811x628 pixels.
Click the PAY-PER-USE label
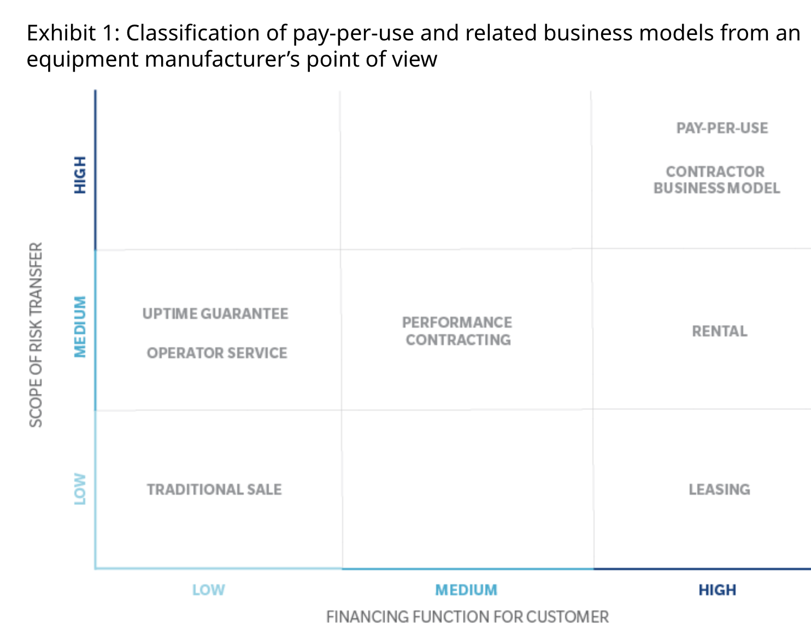click(x=722, y=128)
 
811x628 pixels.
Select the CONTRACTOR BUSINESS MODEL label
click(x=716, y=180)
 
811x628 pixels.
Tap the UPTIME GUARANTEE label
click(x=215, y=314)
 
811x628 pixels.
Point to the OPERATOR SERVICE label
click(x=217, y=353)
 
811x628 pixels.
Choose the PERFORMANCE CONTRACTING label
click(x=457, y=331)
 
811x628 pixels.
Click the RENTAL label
click(x=719, y=331)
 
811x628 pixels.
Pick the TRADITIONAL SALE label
click(x=214, y=490)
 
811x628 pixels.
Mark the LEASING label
click(x=719, y=490)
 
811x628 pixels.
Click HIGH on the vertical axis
click(x=80, y=175)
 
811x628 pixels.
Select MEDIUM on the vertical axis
click(x=80, y=327)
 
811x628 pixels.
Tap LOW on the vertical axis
click(x=80, y=489)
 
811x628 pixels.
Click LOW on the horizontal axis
click(x=208, y=590)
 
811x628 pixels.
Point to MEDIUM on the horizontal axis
click(x=466, y=590)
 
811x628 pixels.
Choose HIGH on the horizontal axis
click(x=717, y=590)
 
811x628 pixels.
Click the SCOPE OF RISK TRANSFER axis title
click(x=36, y=335)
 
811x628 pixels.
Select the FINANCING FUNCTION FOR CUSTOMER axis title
click(x=467, y=617)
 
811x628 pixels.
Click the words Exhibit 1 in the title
click(x=71, y=33)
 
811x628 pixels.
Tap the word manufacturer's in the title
click(x=222, y=60)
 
